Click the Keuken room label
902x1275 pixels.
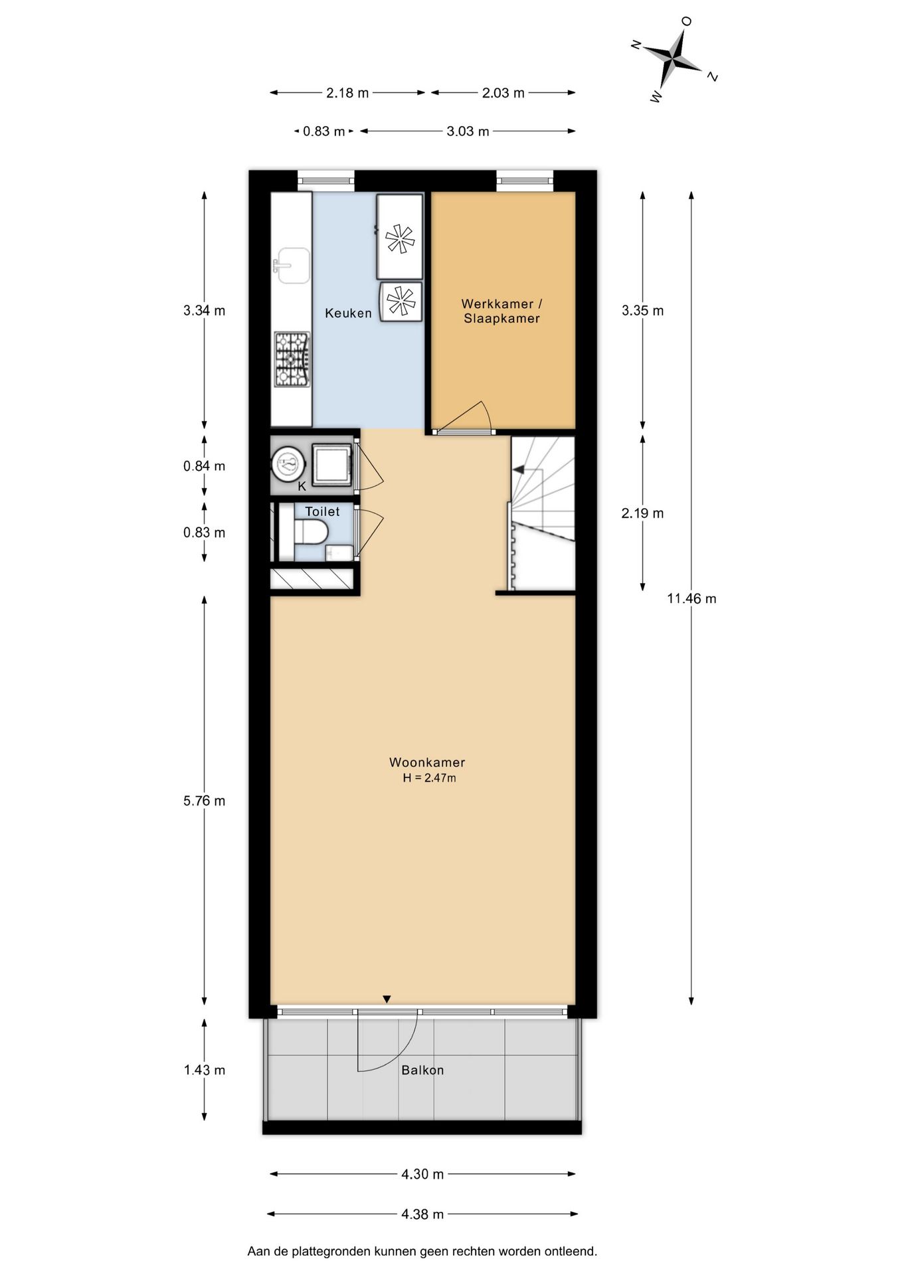pos(348,313)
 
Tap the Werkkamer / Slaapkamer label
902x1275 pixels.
pos(502,311)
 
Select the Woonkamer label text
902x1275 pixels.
pos(427,762)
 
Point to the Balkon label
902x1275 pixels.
pos(422,1070)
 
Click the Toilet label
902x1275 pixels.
pos(322,511)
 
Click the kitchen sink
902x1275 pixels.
pos(292,265)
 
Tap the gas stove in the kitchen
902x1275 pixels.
pos(292,359)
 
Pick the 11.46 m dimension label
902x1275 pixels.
pos(691,598)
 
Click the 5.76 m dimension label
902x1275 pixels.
pos(205,801)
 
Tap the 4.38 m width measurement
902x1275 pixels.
pos(422,1214)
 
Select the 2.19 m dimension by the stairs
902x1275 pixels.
pos(642,513)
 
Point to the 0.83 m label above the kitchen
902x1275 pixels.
pos(324,131)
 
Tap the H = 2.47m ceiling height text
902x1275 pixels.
pos(429,778)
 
